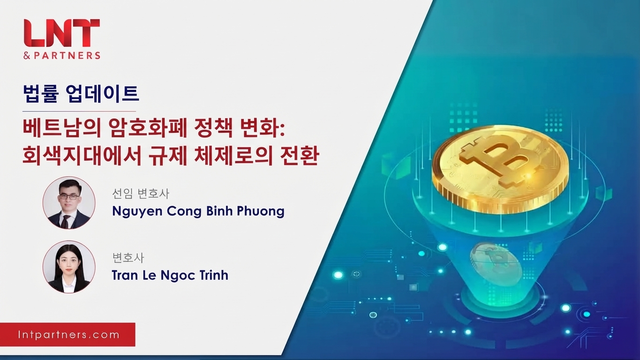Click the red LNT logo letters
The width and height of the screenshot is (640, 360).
point(62,33)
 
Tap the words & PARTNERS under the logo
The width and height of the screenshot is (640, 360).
point(62,55)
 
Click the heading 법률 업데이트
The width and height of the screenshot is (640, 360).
point(81,93)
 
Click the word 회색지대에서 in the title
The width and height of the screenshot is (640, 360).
point(82,156)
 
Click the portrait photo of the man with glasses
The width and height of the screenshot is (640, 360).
point(69,202)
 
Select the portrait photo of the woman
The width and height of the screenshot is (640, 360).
point(69,267)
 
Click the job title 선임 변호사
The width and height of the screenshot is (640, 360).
point(141,194)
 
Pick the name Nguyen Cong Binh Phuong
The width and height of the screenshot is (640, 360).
point(198,211)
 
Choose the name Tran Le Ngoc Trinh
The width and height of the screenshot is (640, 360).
point(170,275)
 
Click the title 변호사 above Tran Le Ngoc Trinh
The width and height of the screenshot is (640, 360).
point(128,258)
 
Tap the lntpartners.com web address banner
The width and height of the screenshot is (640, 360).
point(68,335)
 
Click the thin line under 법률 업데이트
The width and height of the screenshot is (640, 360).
point(79,111)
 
